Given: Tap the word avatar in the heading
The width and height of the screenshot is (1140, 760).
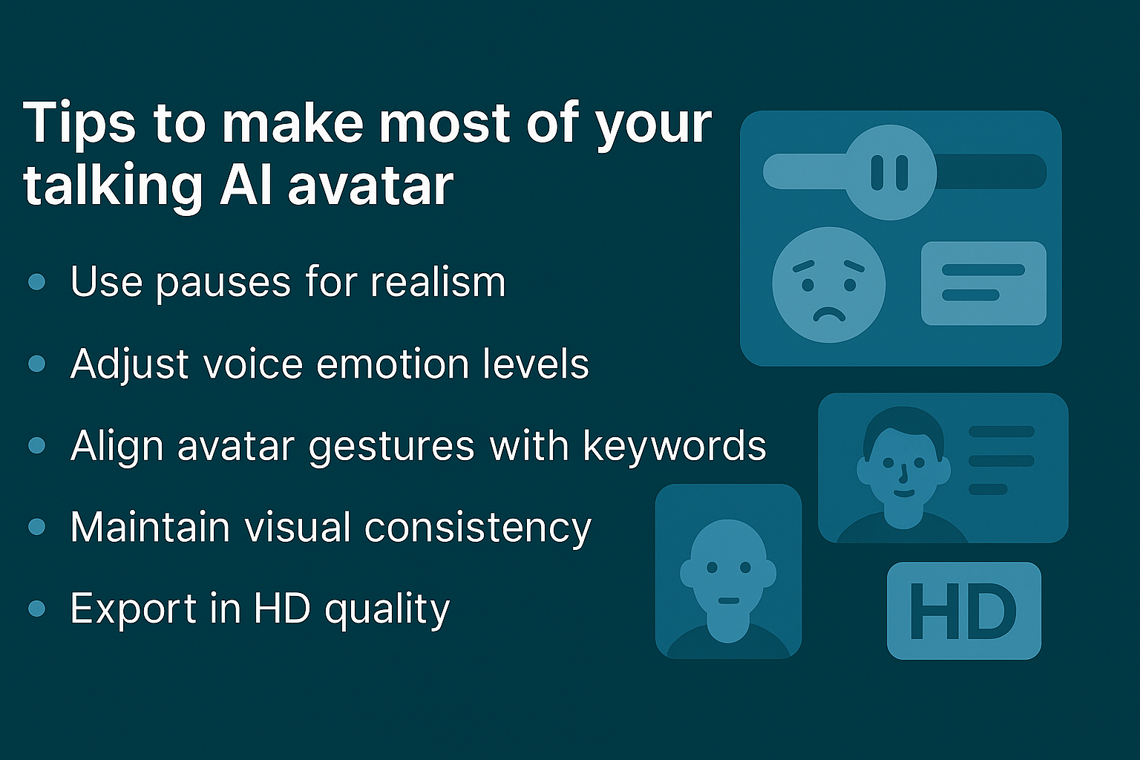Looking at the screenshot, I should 370,185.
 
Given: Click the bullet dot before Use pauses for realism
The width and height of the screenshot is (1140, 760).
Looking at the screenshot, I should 36,282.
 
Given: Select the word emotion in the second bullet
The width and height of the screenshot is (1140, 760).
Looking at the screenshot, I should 393,364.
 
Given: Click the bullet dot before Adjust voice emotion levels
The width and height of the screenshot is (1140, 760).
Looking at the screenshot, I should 36,364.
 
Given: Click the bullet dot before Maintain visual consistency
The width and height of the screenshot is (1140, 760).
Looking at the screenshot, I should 36,527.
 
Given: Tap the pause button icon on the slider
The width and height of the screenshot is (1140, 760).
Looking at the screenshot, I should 890,172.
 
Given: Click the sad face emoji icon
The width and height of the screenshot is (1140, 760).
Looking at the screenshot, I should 828,284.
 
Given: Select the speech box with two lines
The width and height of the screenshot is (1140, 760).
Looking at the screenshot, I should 983,283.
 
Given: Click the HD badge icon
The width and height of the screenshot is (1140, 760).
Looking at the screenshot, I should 963,611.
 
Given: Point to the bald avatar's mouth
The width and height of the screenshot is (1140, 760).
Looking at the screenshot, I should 728,600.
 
